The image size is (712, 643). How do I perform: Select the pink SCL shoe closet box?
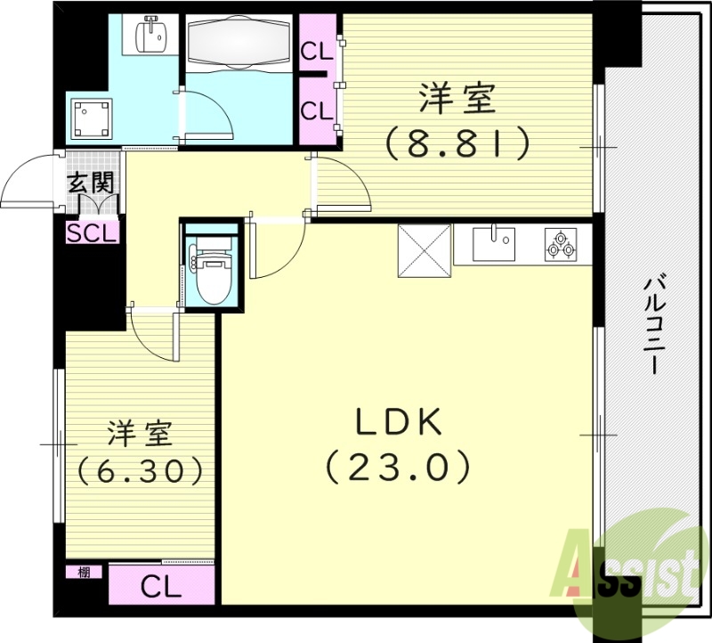(x=92, y=233)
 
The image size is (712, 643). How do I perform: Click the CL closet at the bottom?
(x=161, y=587)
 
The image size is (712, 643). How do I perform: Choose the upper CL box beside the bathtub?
(x=316, y=51)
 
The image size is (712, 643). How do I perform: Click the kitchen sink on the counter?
(x=493, y=243)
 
